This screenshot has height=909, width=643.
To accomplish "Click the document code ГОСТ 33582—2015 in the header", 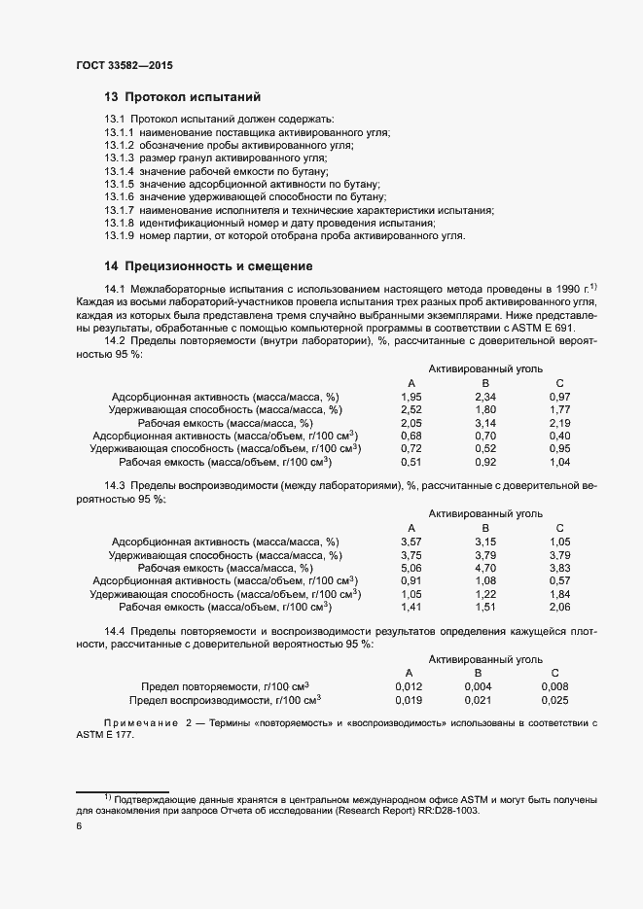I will click(125, 64).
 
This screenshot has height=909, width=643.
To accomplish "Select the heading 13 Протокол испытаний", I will click(182, 97).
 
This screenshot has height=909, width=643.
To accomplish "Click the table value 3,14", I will click(485, 423).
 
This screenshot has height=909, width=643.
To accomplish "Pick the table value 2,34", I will click(485, 397).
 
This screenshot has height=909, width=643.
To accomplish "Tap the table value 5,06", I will click(411, 567).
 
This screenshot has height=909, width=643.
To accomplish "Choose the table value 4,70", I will click(485, 567).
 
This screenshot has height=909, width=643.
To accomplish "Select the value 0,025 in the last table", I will click(554, 699).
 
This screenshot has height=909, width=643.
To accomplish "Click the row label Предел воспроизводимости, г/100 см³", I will click(226, 699).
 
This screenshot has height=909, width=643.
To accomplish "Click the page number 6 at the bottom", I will click(79, 826).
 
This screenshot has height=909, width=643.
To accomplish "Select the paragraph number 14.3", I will click(115, 485).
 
